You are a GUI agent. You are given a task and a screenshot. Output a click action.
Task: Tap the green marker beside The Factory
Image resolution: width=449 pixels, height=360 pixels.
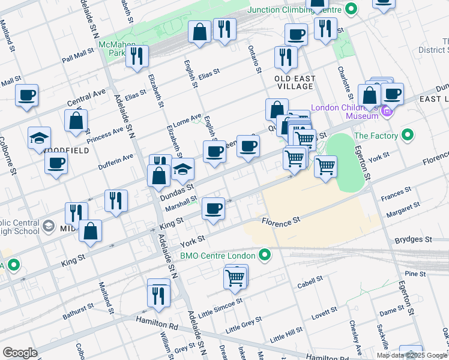pyautogui.click(x=409, y=136)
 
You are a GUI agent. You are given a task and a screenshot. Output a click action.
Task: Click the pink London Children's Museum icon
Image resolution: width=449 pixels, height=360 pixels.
pyautogui.click(x=387, y=110)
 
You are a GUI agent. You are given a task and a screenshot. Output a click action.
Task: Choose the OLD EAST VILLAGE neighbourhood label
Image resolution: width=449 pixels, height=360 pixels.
pyautogui.click(x=294, y=82)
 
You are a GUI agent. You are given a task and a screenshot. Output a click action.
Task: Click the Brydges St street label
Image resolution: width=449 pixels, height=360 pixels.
pyautogui.click(x=413, y=239)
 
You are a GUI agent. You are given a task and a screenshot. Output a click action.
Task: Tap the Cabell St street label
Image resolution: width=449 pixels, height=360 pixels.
pyautogui.click(x=310, y=279)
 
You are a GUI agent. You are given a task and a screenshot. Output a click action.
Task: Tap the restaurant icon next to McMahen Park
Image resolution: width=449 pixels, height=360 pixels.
pyautogui.click(x=137, y=56)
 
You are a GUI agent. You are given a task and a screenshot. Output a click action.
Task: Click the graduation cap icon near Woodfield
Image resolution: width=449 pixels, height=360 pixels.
pyautogui.click(x=39, y=137)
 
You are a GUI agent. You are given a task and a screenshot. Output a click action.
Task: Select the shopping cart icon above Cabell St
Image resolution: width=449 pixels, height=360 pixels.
pyautogui.click(x=235, y=277)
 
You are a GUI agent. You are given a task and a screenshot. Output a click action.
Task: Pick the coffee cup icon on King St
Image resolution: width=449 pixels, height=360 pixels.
pyautogui.click(x=213, y=208)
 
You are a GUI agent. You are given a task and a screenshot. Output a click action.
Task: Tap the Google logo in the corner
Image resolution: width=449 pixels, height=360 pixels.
pyautogui.click(x=20, y=352)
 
